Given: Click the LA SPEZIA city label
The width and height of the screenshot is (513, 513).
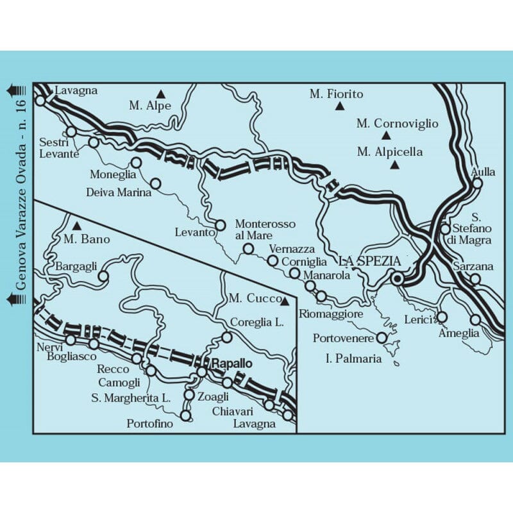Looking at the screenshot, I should click(x=369, y=261).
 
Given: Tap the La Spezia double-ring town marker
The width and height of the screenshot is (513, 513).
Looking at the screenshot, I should click(x=398, y=278).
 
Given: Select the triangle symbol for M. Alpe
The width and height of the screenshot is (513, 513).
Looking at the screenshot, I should click(x=161, y=92).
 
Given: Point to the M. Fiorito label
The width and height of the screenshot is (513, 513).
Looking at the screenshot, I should click(x=336, y=94).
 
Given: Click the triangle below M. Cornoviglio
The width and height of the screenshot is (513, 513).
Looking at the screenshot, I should click(x=386, y=136).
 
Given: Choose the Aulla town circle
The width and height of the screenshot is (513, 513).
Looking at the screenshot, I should click(x=477, y=183).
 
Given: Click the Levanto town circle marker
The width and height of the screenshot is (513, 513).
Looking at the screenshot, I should click(x=221, y=225).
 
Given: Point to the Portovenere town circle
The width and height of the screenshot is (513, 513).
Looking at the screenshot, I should click(x=382, y=337).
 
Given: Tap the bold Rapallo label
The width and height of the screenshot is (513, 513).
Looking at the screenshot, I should click(x=230, y=362).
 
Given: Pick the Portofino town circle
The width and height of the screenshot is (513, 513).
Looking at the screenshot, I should click(x=186, y=416).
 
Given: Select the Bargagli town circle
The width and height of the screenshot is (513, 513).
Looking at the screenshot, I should click(x=102, y=277).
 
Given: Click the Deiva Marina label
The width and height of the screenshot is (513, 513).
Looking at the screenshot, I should click(x=119, y=192).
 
